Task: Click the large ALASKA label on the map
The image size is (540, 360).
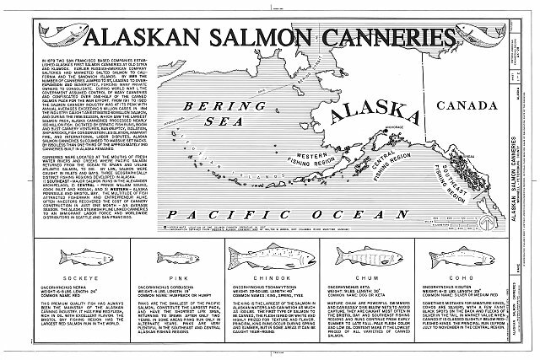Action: click(371, 121)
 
